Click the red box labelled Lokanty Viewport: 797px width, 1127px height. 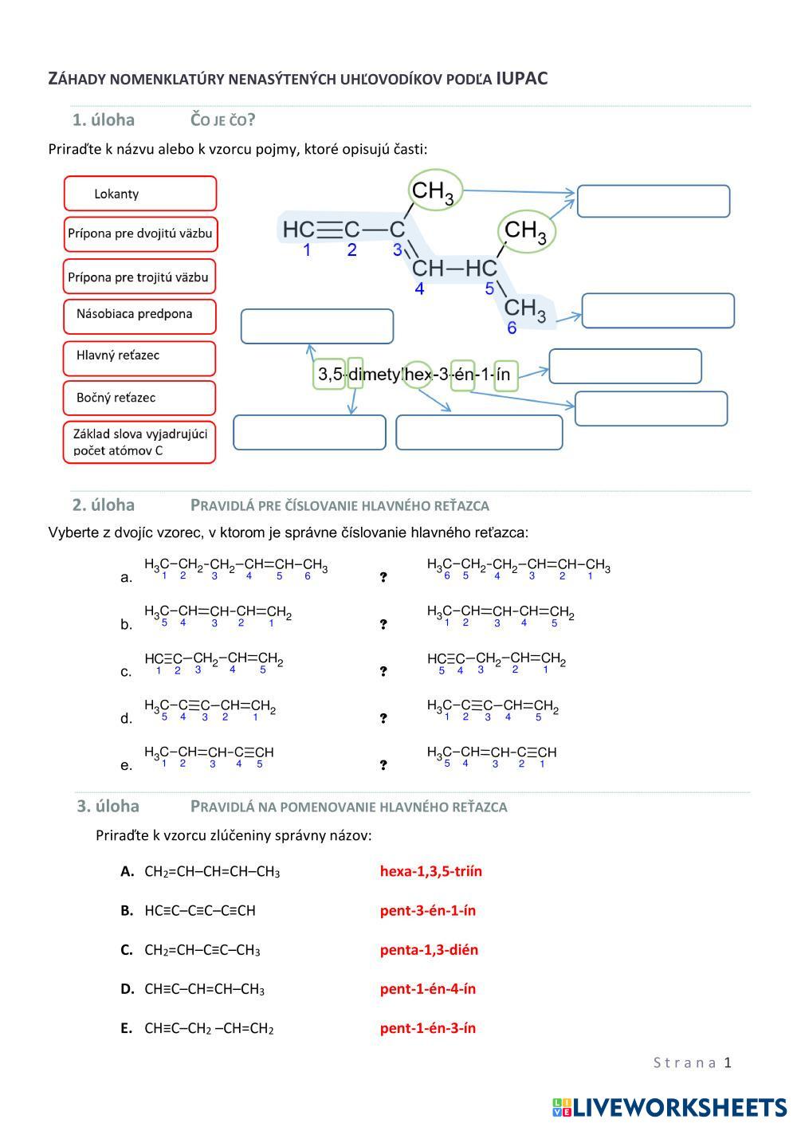[x=139, y=194]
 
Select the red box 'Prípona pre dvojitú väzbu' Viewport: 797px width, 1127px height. [x=139, y=234]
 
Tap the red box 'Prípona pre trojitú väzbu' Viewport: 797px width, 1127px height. [x=139, y=277]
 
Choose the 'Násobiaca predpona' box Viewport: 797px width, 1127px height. [x=139, y=314]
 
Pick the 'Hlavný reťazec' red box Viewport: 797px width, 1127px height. [x=139, y=355]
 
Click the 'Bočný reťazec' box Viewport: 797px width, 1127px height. [x=139, y=398]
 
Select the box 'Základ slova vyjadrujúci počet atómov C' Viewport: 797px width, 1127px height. [x=139, y=442]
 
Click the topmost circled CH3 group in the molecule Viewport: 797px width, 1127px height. [x=434, y=191]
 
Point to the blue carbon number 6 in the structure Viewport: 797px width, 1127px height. [x=512, y=328]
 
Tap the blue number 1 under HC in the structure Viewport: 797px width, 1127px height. [x=307, y=250]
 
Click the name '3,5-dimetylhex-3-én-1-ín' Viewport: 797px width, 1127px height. [x=414, y=374]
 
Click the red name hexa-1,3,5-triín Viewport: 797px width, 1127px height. [x=431, y=871]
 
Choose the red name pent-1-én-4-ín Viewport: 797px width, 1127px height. [x=427, y=989]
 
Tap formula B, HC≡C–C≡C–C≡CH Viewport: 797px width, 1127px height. [x=199, y=910]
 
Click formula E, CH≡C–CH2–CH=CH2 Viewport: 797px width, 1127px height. [x=209, y=1028]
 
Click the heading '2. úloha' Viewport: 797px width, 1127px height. [x=104, y=505]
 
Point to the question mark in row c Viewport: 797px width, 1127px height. [x=383, y=671]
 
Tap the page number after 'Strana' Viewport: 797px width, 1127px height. [x=727, y=1062]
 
